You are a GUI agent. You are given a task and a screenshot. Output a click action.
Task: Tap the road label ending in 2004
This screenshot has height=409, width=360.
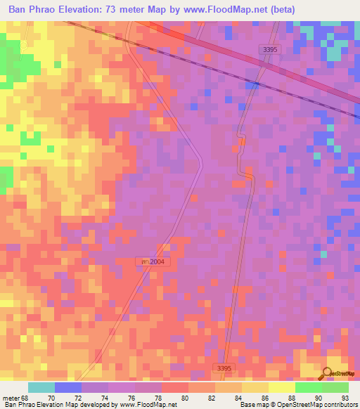(153, 261)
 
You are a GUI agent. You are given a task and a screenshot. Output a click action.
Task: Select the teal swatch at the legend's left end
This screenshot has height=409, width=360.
(41, 387)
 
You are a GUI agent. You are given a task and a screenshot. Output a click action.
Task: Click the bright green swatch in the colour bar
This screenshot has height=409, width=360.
(308, 387)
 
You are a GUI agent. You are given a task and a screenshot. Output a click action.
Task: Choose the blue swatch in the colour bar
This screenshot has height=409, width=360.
(68, 387)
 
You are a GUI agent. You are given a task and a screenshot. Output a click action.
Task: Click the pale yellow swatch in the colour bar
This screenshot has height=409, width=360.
(281, 387)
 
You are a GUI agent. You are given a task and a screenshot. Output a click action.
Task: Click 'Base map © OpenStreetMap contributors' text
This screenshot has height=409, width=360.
(298, 404)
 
